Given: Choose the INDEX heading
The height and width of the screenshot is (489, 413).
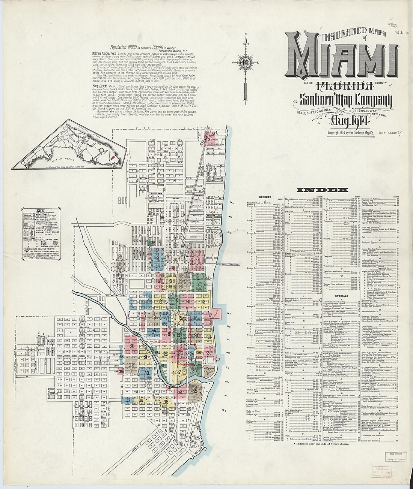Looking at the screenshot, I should pos(322,190).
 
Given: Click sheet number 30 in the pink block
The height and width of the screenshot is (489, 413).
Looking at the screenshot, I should pos(132,345).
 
